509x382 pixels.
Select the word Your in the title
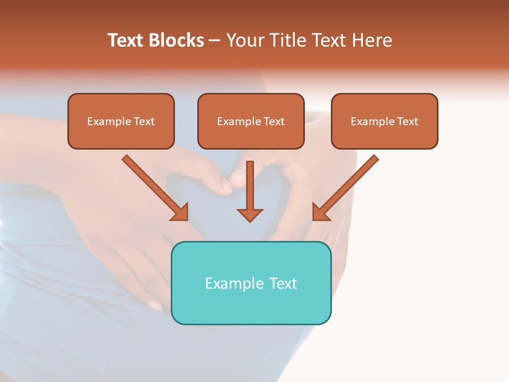pyautogui.click(x=245, y=40)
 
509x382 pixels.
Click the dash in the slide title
pyautogui.click(x=215, y=40)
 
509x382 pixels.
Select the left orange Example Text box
pyautogui.click(x=121, y=121)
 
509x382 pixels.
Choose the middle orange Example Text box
pyautogui.click(x=251, y=121)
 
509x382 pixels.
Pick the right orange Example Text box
pyautogui.click(x=384, y=121)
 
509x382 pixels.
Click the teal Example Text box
pyautogui.click(x=251, y=283)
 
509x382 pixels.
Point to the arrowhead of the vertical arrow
pyautogui.click(x=250, y=214)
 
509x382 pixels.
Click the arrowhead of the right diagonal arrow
pyautogui.click(x=320, y=212)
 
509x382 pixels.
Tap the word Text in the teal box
pyautogui.click(x=284, y=283)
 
